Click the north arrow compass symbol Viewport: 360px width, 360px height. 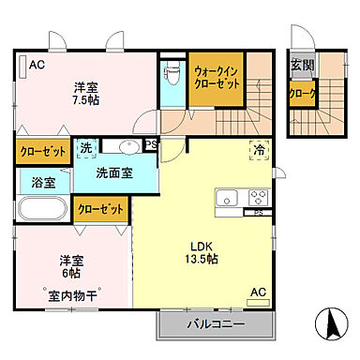pyautogui.click(x=330, y=328)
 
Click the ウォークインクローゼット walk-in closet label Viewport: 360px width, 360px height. pyautogui.click(x=217, y=76)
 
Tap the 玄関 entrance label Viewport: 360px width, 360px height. pyautogui.click(x=302, y=65)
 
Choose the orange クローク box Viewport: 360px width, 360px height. pyautogui.click(x=303, y=94)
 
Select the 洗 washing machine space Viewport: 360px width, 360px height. pyautogui.click(x=85, y=148)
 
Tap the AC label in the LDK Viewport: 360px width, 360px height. pyautogui.click(x=257, y=292)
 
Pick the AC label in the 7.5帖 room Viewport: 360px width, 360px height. pyautogui.click(x=37, y=66)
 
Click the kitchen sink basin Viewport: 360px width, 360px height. pyautogui.click(x=228, y=199)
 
